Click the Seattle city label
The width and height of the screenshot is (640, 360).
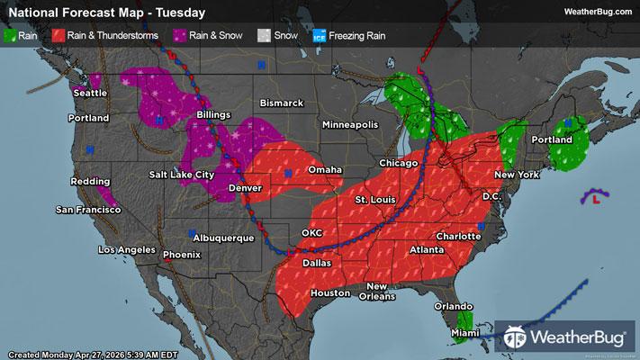[x=90, y=93]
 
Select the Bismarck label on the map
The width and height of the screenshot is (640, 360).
[x=282, y=103]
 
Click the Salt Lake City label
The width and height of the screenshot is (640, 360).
[x=182, y=174]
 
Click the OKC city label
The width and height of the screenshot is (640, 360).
[x=311, y=232]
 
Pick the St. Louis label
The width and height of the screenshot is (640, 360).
[x=374, y=198]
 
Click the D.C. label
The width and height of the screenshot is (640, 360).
[x=491, y=195]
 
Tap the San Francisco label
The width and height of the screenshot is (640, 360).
[x=88, y=210]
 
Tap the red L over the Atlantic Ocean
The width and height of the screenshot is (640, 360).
[x=596, y=202]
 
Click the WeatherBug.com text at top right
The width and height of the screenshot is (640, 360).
[x=596, y=12]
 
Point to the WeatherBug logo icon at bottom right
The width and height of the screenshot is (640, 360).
[x=518, y=338]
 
